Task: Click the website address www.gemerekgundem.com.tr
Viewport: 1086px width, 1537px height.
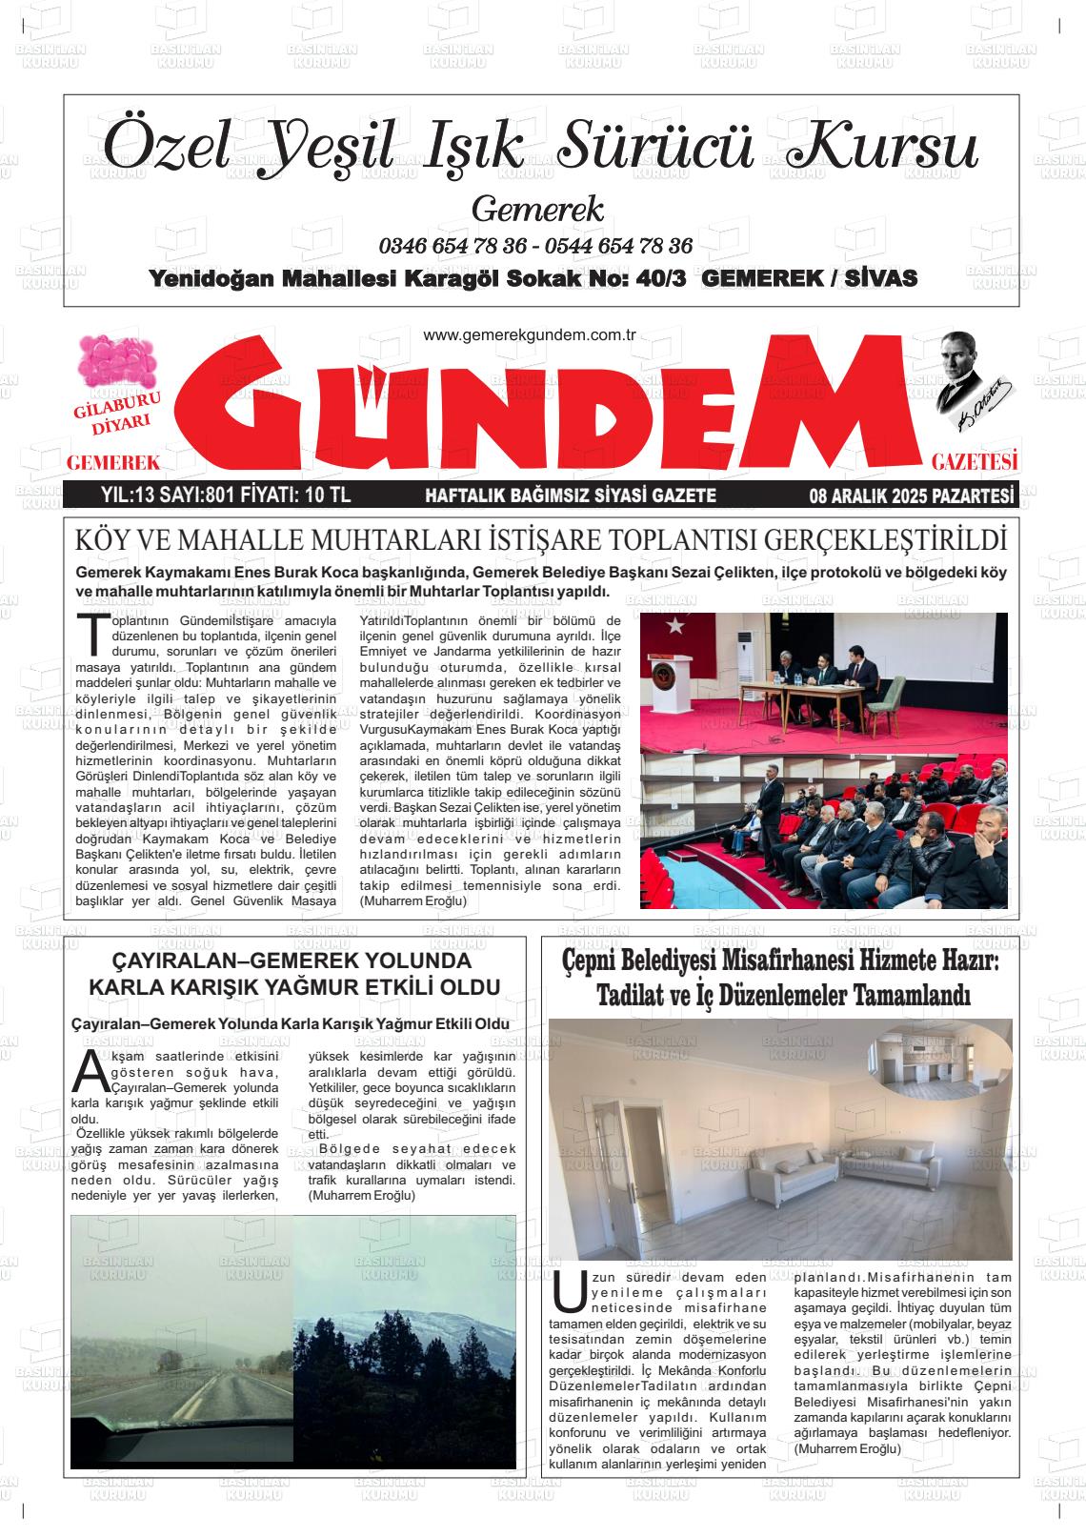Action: coord(529,335)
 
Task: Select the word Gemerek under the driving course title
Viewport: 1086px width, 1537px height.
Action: coord(537,209)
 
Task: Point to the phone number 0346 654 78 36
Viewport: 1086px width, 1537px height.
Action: coord(452,246)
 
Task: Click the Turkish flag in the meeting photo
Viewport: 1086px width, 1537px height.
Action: coord(676,625)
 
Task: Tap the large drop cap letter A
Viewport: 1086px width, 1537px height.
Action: coord(90,1072)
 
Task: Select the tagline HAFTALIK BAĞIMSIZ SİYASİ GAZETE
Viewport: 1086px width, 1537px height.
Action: coord(570,495)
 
